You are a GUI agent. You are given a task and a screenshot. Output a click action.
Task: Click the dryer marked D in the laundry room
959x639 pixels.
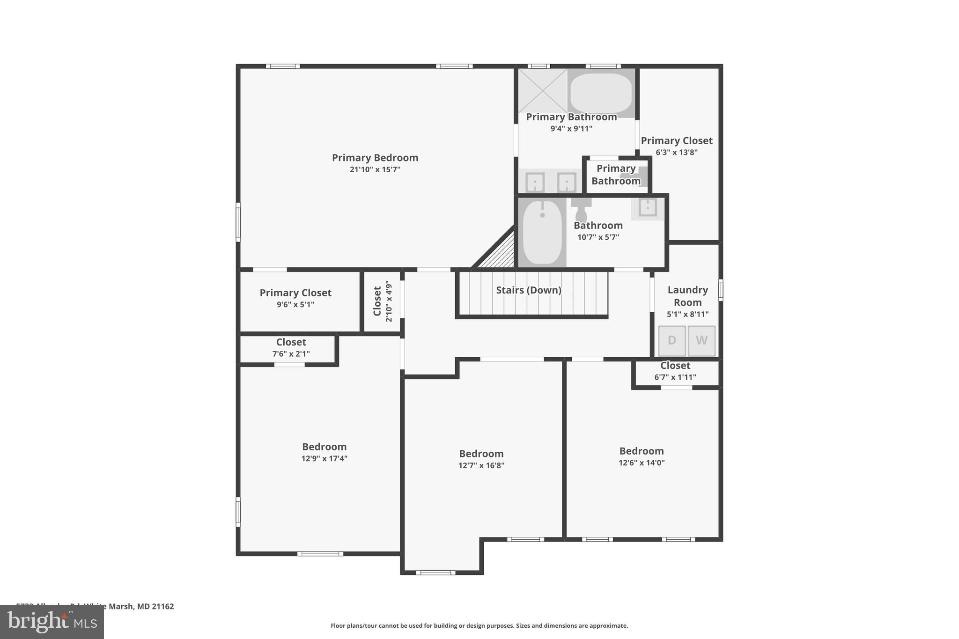pyautogui.click(x=672, y=341)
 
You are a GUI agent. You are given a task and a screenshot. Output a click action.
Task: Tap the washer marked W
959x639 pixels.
pyautogui.click(x=701, y=341)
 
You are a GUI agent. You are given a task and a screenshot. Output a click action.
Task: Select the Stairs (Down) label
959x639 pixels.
pyautogui.click(x=529, y=290)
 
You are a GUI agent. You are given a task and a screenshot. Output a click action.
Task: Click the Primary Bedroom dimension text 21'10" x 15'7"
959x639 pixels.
pyautogui.click(x=375, y=169)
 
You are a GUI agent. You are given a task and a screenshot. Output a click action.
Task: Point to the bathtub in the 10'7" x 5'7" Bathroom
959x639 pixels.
pyautogui.click(x=542, y=233)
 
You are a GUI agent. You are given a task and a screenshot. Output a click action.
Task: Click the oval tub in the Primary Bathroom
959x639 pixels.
pyautogui.click(x=601, y=93)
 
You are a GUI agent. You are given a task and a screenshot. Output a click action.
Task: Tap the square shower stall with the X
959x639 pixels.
pyautogui.click(x=543, y=90)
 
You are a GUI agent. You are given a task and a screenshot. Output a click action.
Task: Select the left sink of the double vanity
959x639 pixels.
pyautogui.click(x=535, y=182)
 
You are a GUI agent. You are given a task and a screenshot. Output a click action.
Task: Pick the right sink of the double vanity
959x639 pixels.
pyautogui.click(x=567, y=182)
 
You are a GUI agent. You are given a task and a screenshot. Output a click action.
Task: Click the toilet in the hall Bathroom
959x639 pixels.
pyautogui.click(x=581, y=210)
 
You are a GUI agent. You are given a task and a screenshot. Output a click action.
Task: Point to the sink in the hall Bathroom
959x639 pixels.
pyautogui.click(x=648, y=207)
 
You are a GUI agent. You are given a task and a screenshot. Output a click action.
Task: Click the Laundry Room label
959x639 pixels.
pyautogui.click(x=687, y=296)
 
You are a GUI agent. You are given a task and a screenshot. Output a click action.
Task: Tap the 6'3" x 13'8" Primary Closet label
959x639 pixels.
pyautogui.click(x=677, y=146)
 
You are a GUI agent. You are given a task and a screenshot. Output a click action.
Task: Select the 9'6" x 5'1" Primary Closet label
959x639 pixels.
pyautogui.click(x=295, y=298)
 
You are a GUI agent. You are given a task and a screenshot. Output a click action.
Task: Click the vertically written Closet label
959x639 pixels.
pyautogui.click(x=377, y=301)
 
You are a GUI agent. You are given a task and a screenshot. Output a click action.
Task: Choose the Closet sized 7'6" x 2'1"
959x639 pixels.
pyautogui.click(x=291, y=347)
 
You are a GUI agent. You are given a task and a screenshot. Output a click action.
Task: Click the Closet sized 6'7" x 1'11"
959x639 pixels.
pyautogui.click(x=675, y=371)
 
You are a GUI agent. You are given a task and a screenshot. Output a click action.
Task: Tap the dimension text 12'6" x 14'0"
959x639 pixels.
pyautogui.click(x=642, y=463)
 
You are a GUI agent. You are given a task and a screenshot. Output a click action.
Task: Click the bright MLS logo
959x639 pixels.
pyautogui.click(x=52, y=622)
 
